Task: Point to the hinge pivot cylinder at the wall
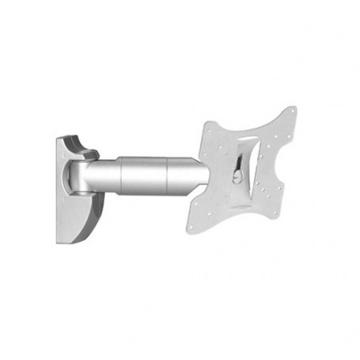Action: pyautogui.click(x=79, y=179)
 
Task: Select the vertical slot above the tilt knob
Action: pyautogui.click(x=241, y=154)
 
